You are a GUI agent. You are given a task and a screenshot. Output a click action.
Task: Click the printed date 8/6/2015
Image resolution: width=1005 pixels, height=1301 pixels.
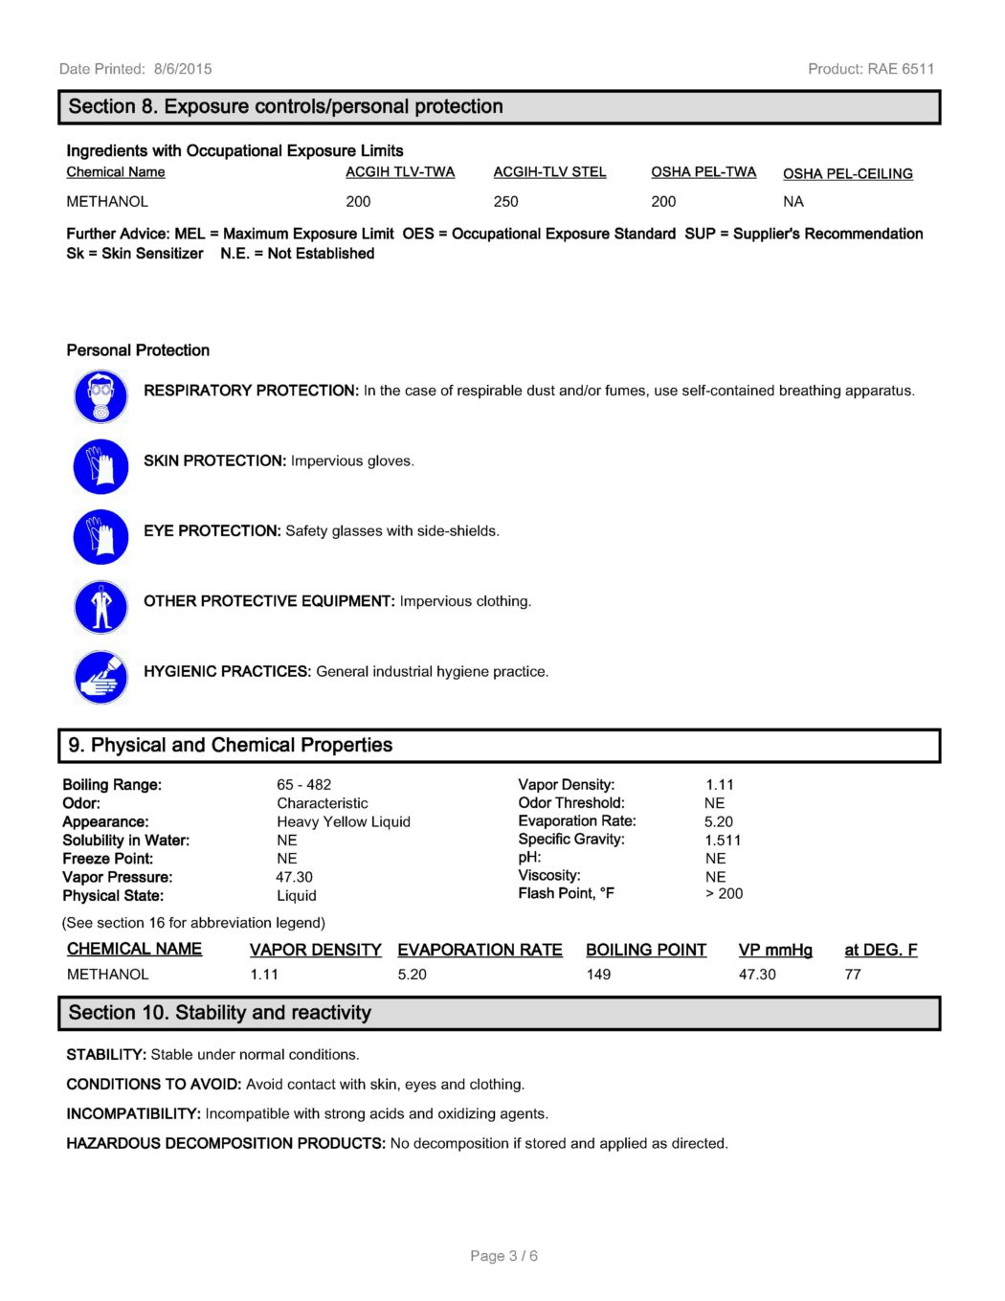point(183,69)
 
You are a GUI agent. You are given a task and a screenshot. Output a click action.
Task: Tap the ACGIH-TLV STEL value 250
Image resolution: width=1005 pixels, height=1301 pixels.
point(505,202)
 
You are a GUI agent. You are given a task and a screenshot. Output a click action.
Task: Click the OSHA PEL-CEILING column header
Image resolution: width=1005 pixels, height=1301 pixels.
point(847,174)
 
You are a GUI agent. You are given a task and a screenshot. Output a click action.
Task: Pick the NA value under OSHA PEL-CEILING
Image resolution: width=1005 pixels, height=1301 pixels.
point(793,202)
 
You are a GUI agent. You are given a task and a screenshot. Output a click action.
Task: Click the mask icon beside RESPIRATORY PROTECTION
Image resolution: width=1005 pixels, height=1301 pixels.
point(100,396)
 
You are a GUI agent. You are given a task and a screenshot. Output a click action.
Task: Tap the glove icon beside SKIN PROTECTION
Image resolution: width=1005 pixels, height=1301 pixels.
point(100,467)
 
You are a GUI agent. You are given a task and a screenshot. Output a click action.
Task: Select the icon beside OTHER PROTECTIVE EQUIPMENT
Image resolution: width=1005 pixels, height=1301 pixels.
point(100,607)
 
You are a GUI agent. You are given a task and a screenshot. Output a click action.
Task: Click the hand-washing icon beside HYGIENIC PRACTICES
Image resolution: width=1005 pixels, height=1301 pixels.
point(100,677)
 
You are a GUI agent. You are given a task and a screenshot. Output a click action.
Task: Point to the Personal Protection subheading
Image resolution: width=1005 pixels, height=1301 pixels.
point(138,350)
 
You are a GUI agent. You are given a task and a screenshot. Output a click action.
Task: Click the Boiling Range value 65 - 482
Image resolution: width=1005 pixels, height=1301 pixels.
point(303,785)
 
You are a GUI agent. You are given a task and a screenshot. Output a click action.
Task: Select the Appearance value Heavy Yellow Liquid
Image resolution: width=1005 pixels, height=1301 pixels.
point(343,822)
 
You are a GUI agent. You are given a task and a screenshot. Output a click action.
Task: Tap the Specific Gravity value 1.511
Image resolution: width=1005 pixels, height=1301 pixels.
point(723,841)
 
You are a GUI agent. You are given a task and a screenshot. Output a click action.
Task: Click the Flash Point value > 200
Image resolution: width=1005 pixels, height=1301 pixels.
point(724,894)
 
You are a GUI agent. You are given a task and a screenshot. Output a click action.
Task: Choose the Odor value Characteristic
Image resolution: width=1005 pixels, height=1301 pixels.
point(322,803)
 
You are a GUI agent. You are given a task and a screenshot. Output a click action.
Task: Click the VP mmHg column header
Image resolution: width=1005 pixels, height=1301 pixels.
point(775,950)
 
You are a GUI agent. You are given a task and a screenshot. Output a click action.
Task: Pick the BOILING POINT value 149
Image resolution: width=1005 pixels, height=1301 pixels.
point(598,975)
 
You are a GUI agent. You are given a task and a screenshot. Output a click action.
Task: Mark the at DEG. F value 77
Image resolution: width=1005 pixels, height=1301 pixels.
point(853,975)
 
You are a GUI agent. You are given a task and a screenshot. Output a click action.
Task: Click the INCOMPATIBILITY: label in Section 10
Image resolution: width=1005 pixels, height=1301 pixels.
point(133,1114)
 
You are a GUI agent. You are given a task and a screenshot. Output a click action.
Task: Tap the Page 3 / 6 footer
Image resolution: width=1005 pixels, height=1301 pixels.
point(503,1256)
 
